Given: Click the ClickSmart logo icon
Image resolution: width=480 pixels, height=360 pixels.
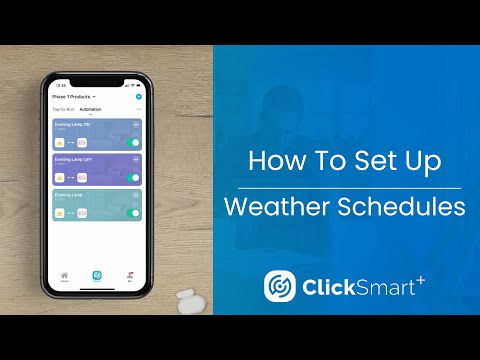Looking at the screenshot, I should pyautogui.click(x=279, y=286).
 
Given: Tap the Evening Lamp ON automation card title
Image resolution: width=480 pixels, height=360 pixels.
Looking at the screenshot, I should pyautogui.click(x=72, y=124).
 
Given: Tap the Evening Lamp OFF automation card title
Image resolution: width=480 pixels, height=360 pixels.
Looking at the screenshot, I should pyautogui.click(x=73, y=159).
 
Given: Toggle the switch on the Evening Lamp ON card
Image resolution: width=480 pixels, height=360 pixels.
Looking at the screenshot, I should pyautogui.click(x=134, y=143).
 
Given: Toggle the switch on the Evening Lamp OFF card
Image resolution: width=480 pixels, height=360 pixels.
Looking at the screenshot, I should pyautogui.click(x=134, y=178).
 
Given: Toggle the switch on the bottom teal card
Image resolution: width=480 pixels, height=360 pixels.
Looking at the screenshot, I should pyautogui.click(x=134, y=213).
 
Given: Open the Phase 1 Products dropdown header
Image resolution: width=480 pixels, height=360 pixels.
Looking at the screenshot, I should pyautogui.click(x=71, y=97).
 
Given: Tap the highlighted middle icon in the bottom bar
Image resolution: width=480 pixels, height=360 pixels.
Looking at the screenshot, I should pyautogui.click(x=97, y=274).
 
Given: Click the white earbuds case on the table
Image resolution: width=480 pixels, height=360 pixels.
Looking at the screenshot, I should pyautogui.click(x=186, y=297).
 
